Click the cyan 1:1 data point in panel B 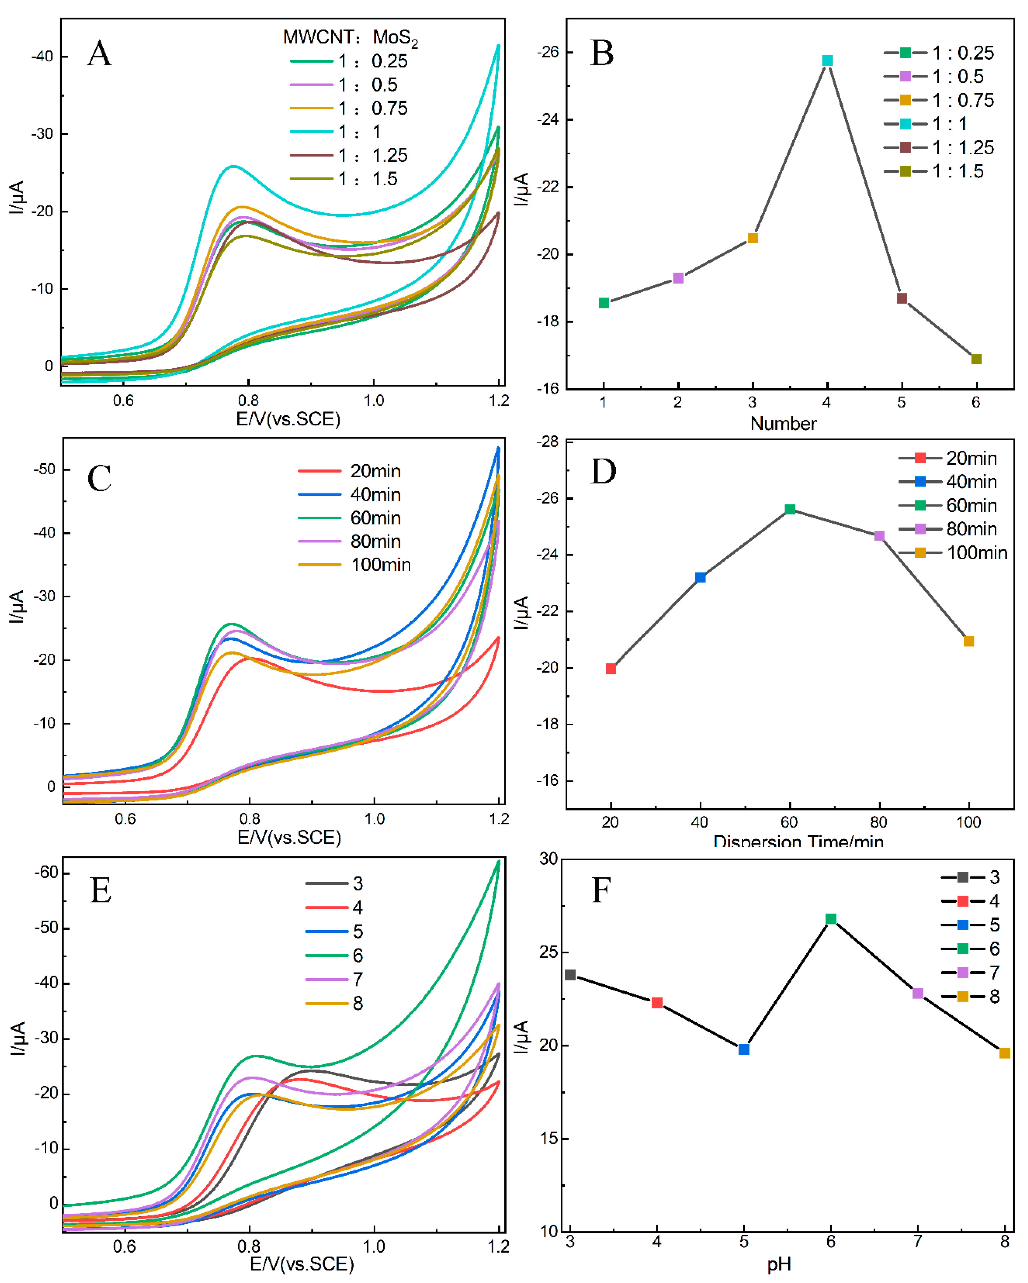827,61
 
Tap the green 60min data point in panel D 790,509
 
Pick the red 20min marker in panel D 611,669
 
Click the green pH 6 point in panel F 831,919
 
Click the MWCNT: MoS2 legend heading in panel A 350,38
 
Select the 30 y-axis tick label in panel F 548,859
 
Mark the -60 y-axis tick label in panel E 46,873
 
